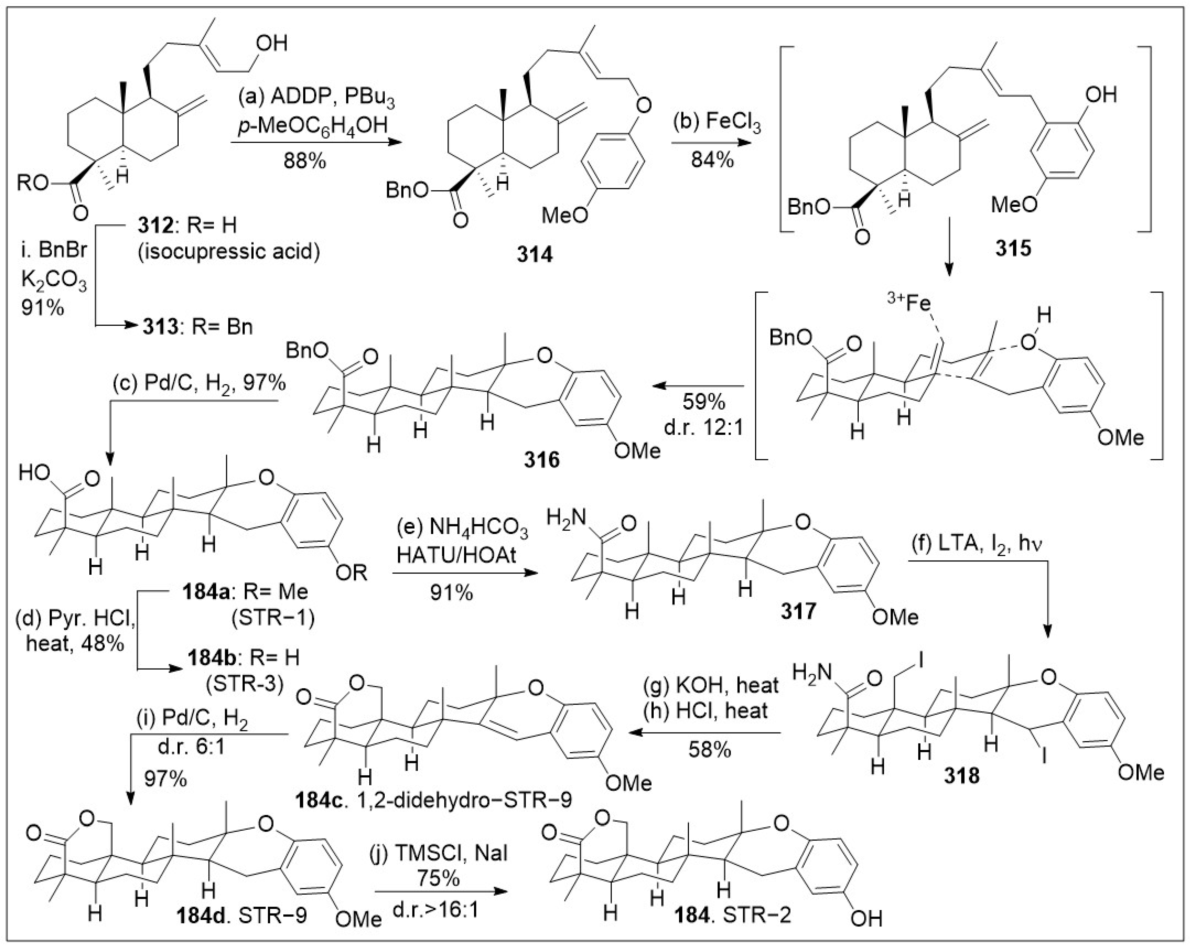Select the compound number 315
click(1013, 248)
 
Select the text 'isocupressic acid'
click(228, 252)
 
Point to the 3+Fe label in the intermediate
click(907, 303)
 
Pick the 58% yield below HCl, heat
click(709, 750)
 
